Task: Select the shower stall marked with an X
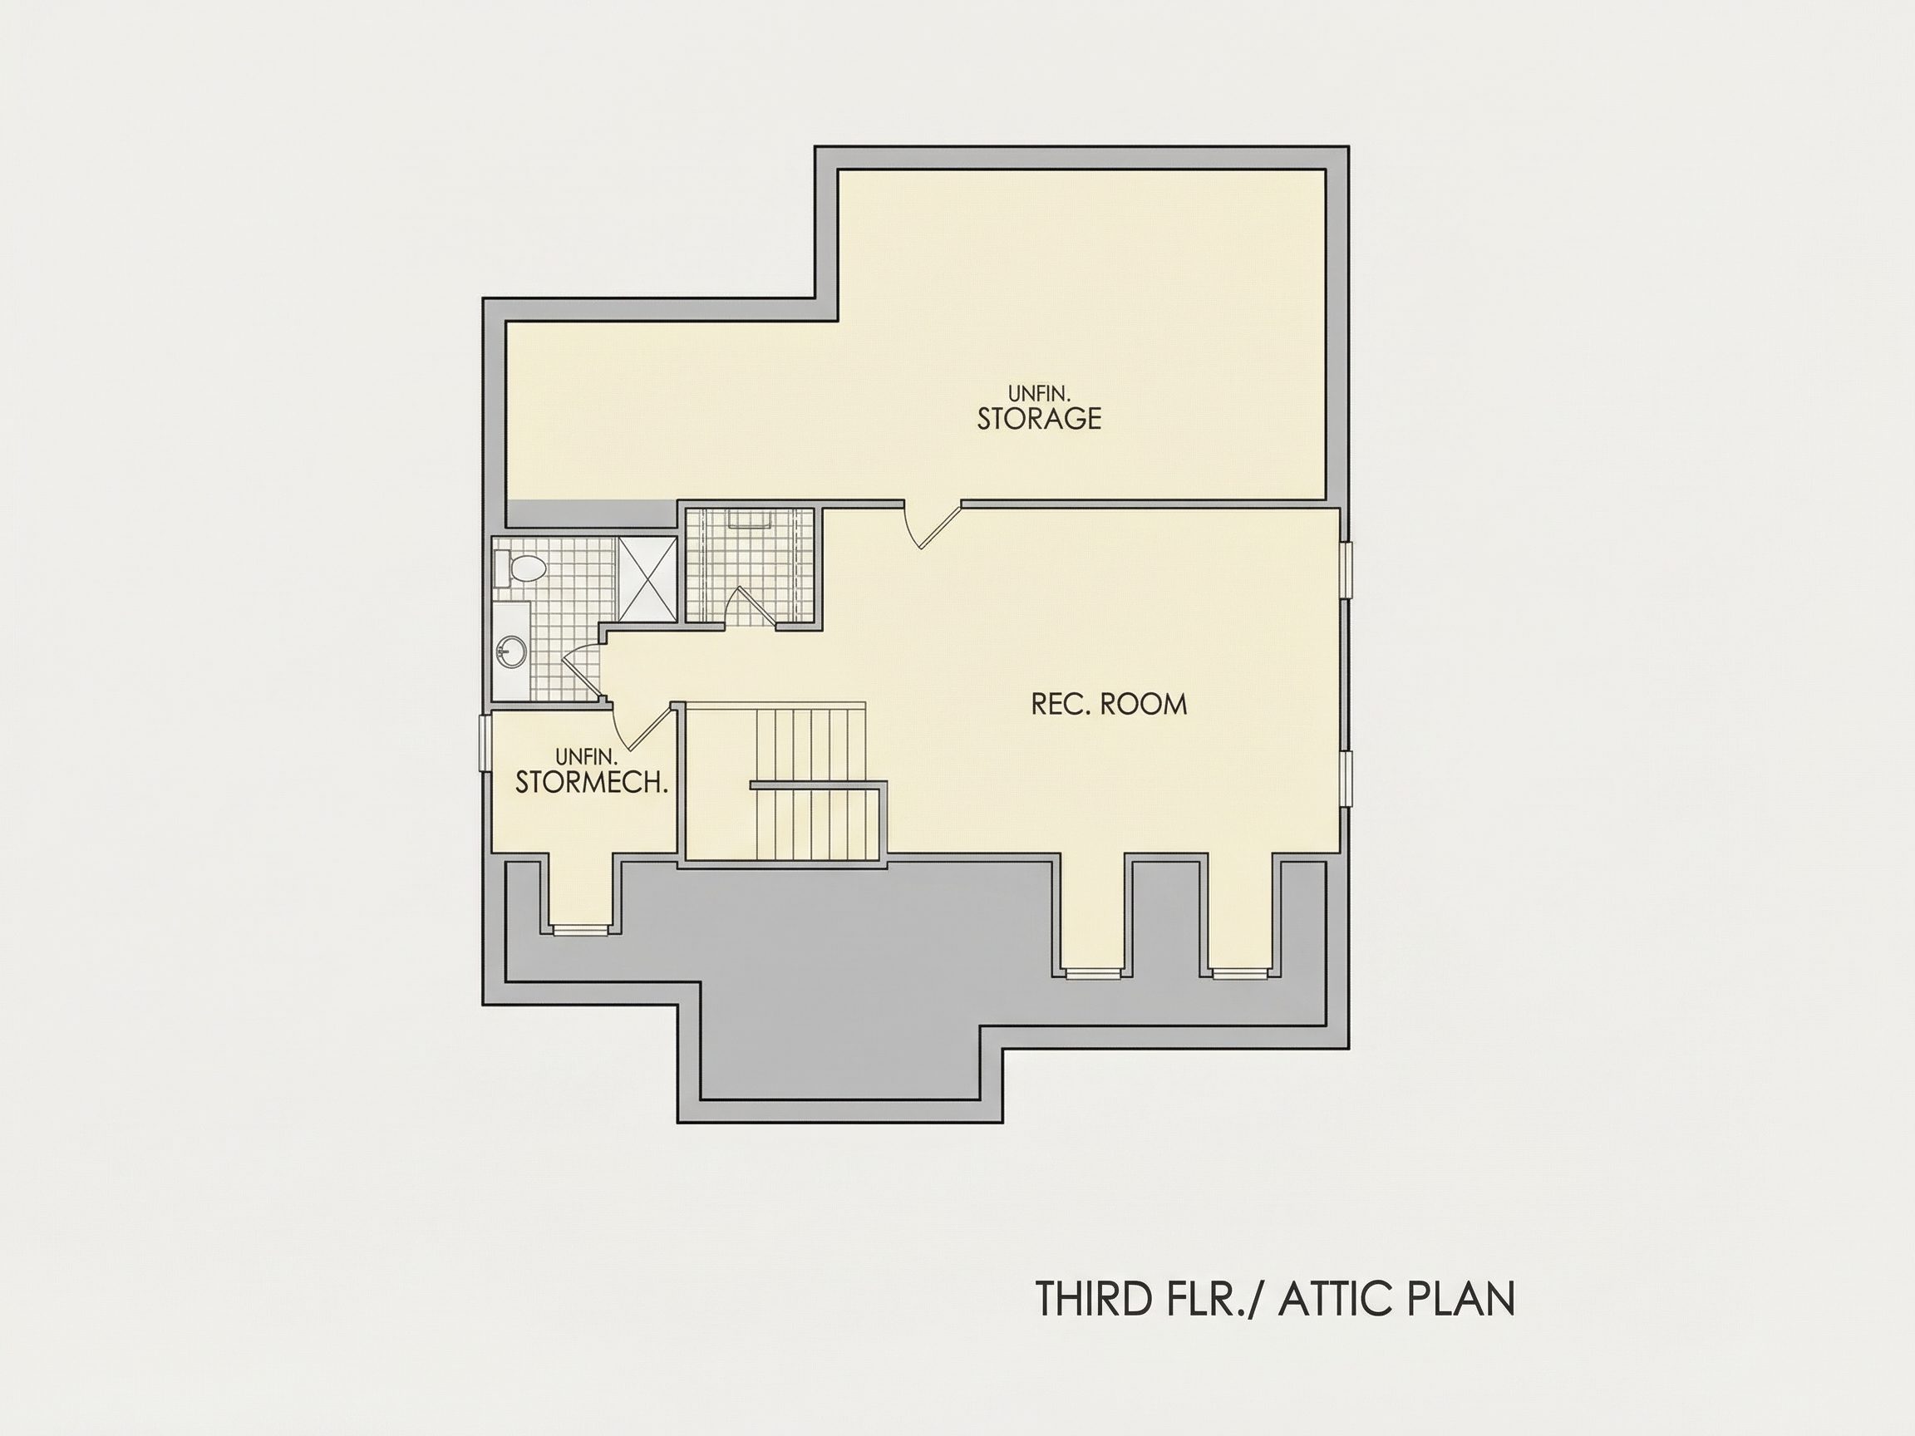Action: [647, 578]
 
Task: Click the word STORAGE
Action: [1039, 418]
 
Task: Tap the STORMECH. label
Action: [591, 783]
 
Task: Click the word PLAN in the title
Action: [1462, 1298]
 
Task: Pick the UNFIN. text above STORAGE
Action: [1039, 395]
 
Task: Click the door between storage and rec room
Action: [933, 524]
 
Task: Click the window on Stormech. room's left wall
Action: [485, 741]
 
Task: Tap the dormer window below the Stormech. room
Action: [581, 931]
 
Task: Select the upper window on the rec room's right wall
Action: [1346, 569]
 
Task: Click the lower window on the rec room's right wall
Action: [1346, 779]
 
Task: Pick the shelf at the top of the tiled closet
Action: [750, 518]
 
